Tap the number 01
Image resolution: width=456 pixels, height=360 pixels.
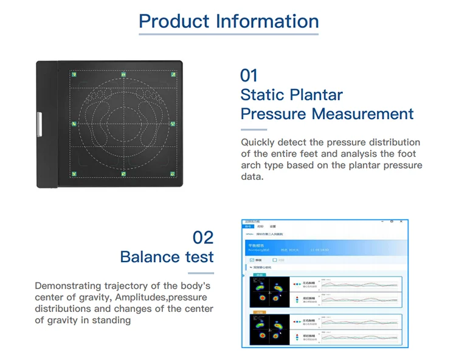[x=249, y=75]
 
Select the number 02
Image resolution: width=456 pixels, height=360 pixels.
[x=203, y=237]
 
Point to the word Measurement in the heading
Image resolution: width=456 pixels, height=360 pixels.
[x=362, y=114]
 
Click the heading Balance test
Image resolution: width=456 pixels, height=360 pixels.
[x=167, y=257]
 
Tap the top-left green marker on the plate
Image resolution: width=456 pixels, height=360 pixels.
[x=73, y=75]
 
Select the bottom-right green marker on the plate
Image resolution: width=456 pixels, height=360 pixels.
[x=173, y=174]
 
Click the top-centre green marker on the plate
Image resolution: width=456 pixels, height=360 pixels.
[x=123, y=75]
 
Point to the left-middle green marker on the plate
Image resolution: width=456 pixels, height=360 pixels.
[x=73, y=125]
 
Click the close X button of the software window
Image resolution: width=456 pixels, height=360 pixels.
[x=402, y=221]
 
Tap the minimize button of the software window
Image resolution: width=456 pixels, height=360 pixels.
[x=382, y=221]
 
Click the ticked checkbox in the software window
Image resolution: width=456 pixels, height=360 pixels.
[x=252, y=260]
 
